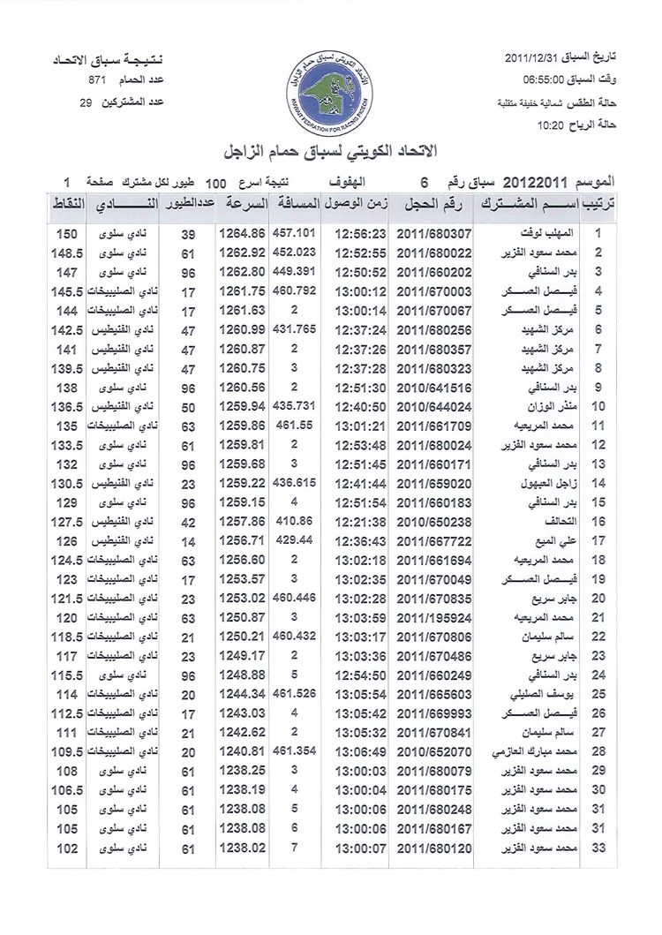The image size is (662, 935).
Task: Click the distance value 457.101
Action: click(x=294, y=235)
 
